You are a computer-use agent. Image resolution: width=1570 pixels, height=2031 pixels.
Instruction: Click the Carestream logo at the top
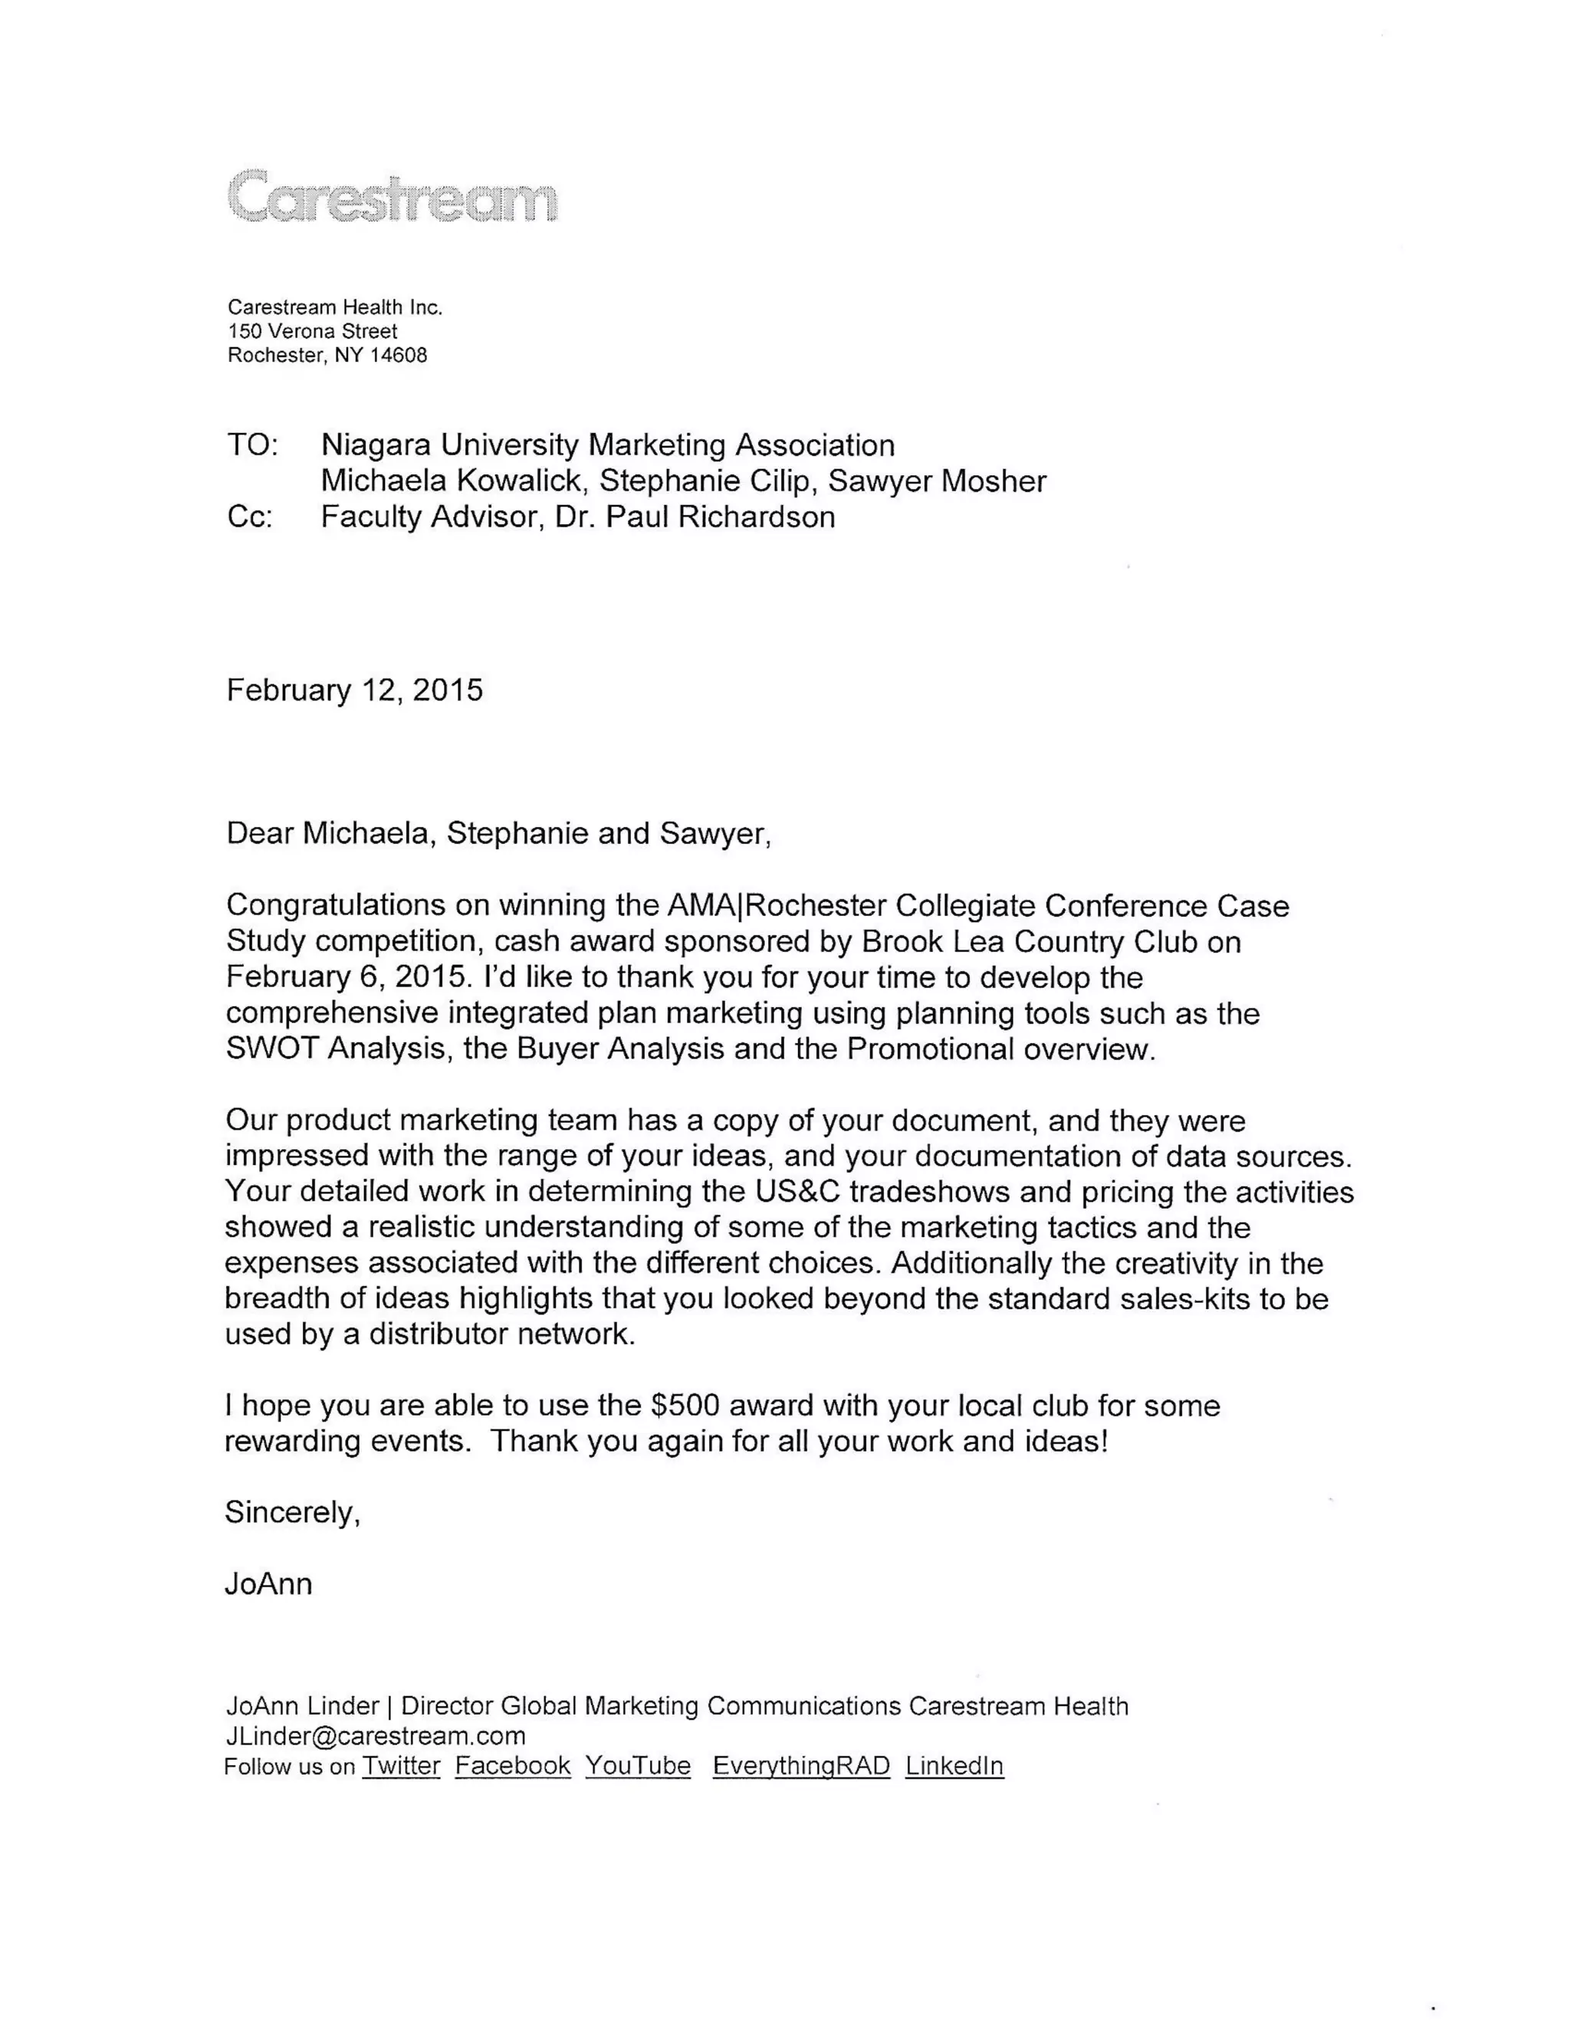pos(392,196)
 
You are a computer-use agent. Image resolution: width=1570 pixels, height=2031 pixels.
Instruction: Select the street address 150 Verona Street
pos(313,331)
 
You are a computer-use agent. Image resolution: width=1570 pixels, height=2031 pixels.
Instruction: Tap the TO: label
pos(252,445)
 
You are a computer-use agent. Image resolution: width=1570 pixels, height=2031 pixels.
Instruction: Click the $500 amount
pos(685,1404)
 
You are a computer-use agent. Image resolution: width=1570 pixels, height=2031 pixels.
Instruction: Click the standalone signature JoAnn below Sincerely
pos(268,1583)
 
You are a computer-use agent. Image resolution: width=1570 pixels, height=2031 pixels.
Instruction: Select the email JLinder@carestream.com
pos(375,1735)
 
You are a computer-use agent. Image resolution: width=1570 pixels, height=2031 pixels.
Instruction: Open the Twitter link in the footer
pos(401,1765)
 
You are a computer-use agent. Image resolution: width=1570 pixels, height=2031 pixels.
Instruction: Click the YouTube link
pos(638,1765)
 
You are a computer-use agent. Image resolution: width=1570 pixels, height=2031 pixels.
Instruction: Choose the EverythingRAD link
pos(801,1765)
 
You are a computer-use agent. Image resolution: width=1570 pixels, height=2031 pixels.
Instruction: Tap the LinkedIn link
pos(954,1765)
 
